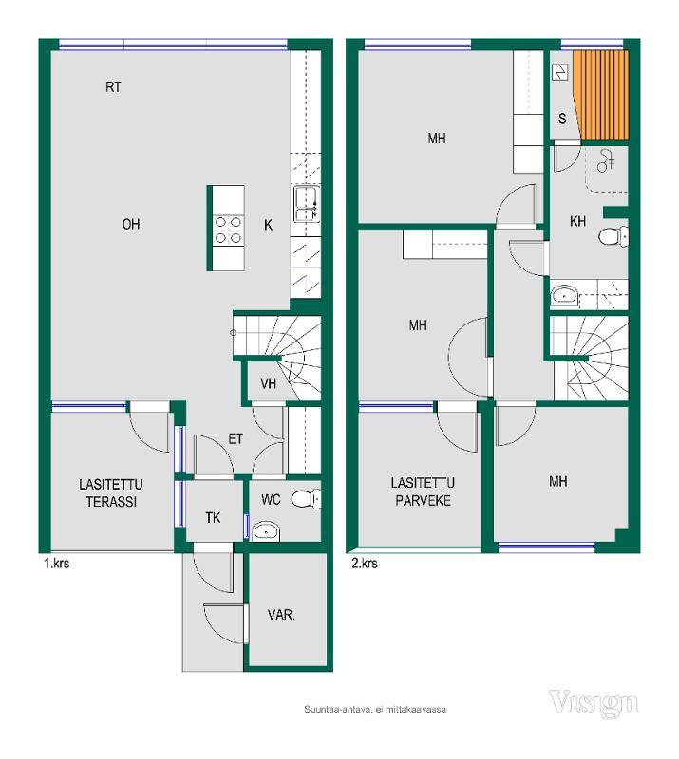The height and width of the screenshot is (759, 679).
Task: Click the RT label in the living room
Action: [113, 87]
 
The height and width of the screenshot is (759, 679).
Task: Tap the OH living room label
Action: [131, 224]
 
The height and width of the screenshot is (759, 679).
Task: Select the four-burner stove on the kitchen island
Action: [228, 230]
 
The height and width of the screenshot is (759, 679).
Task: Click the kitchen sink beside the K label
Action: [306, 205]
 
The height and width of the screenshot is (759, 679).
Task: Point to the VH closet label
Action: [268, 383]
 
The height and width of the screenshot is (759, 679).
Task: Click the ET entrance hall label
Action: [236, 439]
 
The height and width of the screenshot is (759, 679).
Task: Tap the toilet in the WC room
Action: [306, 499]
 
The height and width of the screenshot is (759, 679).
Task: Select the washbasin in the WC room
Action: [266, 531]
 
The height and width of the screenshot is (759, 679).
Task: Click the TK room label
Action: [213, 517]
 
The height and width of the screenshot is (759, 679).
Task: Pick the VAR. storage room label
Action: [281, 615]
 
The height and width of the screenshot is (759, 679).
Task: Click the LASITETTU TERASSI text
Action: [111, 492]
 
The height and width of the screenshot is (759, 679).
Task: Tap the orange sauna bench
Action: [601, 95]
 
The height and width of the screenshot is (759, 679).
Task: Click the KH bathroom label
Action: [577, 221]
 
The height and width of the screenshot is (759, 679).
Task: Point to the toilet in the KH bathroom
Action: [613, 236]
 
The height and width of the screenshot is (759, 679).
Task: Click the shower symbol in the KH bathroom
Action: [606, 160]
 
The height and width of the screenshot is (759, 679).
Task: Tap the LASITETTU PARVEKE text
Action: [424, 491]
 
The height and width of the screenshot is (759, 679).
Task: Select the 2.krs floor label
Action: [365, 563]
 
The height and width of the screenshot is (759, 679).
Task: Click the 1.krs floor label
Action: [56, 563]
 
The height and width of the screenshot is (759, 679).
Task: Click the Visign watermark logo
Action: [594, 704]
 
